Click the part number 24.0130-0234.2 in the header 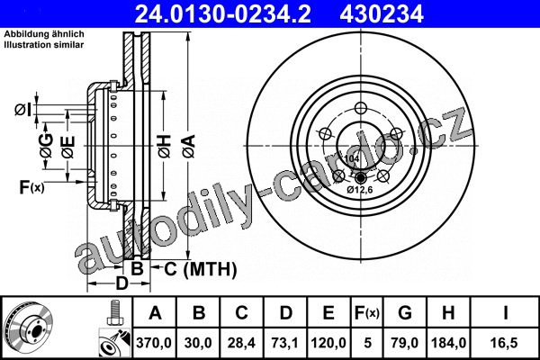click(222, 14)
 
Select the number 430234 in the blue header click(382, 14)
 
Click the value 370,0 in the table click(154, 343)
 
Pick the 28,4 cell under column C click(241, 343)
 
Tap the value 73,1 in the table click(285, 343)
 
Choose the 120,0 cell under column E click(328, 343)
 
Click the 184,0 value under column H click(449, 343)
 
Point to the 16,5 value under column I click(505, 343)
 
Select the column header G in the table click(405, 313)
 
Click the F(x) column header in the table click(367, 313)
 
